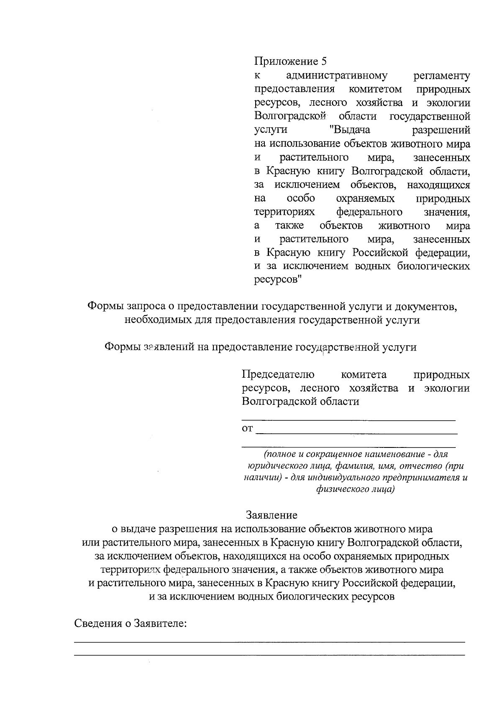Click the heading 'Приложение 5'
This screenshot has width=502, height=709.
click(x=290, y=62)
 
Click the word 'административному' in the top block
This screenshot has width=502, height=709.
click(x=337, y=76)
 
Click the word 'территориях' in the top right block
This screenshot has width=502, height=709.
click(x=284, y=212)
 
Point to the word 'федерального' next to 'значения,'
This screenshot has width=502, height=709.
click(x=369, y=212)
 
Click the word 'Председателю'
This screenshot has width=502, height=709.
click(x=278, y=374)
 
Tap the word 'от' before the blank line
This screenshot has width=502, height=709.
click(x=247, y=429)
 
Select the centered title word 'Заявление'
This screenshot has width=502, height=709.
click(x=272, y=515)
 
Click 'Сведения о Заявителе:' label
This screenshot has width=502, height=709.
click(x=130, y=624)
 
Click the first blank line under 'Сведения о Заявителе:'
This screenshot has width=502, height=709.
click(x=269, y=642)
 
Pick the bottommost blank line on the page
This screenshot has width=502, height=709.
click(x=269, y=655)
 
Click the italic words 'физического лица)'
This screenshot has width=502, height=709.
click(x=355, y=489)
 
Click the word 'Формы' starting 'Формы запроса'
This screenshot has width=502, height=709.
click(x=103, y=307)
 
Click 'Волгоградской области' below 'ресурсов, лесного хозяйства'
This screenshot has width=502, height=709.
click(x=300, y=402)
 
